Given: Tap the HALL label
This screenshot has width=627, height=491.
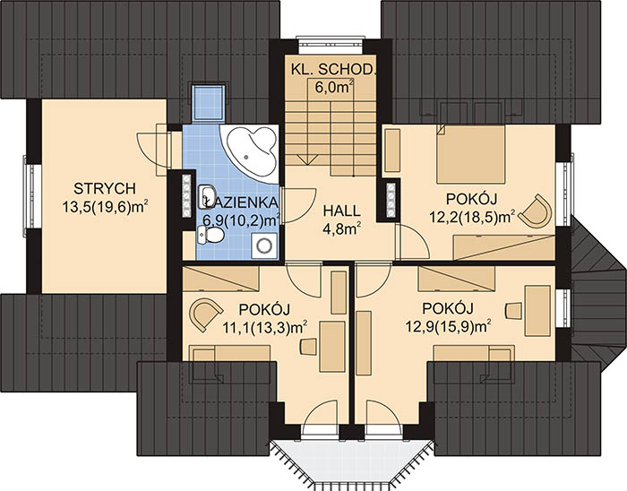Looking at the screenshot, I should click(x=340, y=210).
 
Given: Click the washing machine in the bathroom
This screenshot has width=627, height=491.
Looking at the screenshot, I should click(x=263, y=244).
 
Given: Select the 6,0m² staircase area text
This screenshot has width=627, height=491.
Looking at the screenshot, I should click(x=333, y=87).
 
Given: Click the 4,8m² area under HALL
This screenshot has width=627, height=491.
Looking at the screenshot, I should click(x=341, y=228).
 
